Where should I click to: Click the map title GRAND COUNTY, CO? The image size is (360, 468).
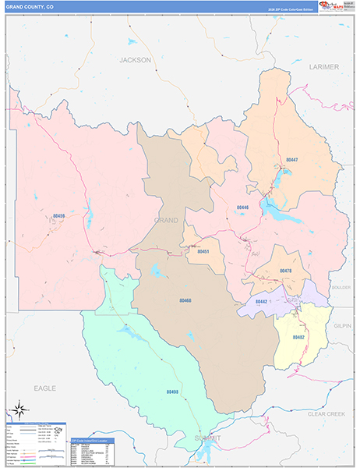(x=30, y=7)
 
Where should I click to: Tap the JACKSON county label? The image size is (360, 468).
(x=135, y=59)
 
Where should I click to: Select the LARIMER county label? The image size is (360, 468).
(x=323, y=67)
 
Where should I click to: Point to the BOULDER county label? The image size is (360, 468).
(x=341, y=287)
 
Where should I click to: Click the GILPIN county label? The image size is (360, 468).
(x=343, y=324)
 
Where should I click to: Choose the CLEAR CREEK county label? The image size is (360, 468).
(x=326, y=413)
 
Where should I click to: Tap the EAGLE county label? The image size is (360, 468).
(x=45, y=387)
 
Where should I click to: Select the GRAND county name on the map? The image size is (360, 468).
(x=166, y=221)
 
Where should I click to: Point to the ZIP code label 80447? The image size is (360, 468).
(x=291, y=160)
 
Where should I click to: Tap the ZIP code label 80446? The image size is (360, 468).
(x=242, y=207)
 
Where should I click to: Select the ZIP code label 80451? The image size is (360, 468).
(x=203, y=252)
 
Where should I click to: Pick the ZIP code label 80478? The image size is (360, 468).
(x=284, y=271)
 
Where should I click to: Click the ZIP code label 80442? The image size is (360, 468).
(x=262, y=301)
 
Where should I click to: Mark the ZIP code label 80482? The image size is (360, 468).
(x=298, y=337)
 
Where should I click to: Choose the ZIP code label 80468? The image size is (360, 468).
(x=185, y=300)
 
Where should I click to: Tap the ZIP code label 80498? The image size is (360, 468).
(x=172, y=392)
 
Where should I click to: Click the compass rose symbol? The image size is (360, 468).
(x=21, y=409)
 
